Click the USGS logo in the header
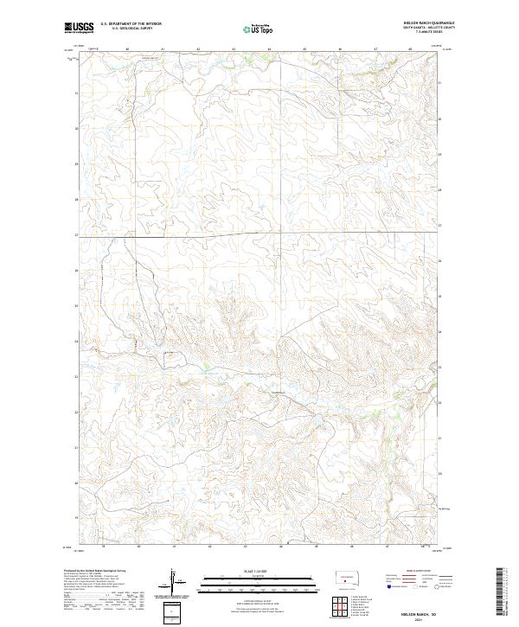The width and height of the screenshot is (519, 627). [79, 29]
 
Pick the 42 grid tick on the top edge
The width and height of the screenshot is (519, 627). [198, 49]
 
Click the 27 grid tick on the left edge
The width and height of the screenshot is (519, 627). [77, 234]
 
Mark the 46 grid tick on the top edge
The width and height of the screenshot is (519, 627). [340, 49]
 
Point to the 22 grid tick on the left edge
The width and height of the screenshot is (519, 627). [77, 412]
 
